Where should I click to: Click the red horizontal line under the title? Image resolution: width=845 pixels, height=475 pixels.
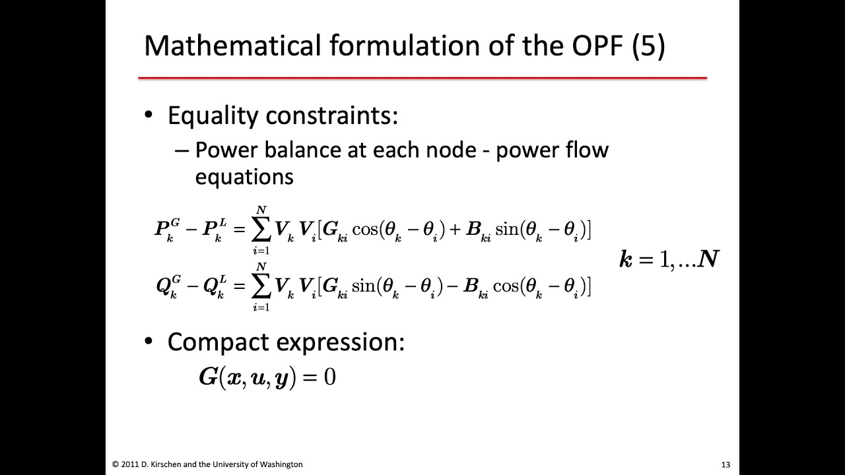click(422, 78)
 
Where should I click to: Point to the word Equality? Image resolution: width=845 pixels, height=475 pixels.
click(213, 116)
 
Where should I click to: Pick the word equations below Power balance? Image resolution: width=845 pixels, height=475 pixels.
click(244, 176)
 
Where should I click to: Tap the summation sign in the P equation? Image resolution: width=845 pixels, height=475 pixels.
click(261, 229)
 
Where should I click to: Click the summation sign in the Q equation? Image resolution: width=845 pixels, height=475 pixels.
click(261, 286)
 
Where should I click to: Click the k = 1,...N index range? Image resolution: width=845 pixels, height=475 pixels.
click(668, 259)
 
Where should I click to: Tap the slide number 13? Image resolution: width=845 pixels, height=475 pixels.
click(726, 464)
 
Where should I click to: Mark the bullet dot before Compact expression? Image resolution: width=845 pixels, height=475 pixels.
click(149, 342)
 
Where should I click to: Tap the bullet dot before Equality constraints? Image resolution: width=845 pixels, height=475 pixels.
click(149, 116)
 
